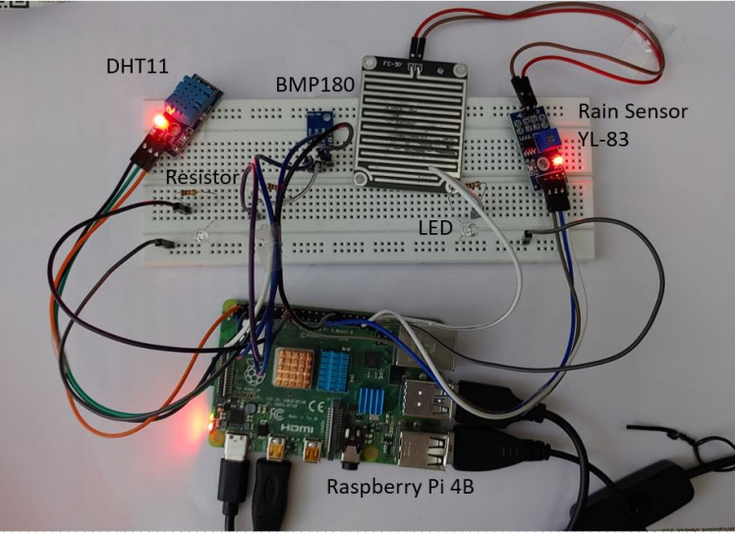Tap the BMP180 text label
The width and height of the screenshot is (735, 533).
coord(308,86)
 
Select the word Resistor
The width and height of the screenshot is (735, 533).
coord(202,177)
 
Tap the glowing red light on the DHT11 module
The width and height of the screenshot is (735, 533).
coord(157,122)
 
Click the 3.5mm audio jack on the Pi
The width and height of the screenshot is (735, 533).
coord(353,454)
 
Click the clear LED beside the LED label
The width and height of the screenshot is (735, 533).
coord(468,231)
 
